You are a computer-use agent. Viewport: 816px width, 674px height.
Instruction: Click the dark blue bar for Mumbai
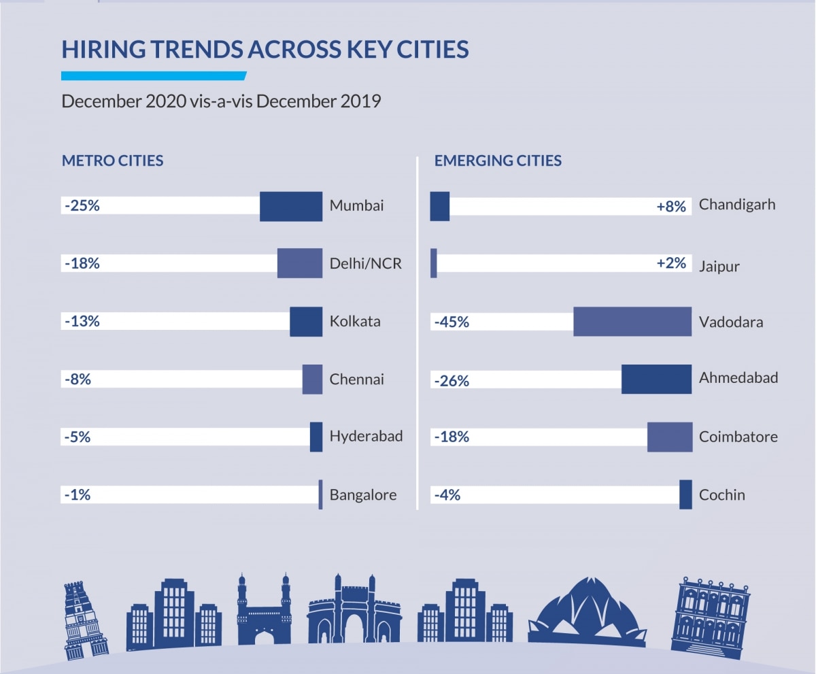[291, 206]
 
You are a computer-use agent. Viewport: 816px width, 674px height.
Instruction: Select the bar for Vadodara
[632, 322]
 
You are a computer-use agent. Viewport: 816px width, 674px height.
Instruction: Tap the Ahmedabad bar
[656, 379]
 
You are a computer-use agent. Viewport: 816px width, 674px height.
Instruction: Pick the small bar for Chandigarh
[440, 206]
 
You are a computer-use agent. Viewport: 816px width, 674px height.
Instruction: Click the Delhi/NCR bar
[300, 263]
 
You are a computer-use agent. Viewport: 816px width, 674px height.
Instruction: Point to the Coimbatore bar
[669, 437]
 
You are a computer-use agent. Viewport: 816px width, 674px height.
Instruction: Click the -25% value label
[82, 205]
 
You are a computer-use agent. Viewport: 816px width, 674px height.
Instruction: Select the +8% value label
[671, 206]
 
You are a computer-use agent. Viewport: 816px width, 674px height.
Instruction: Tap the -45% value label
[452, 322]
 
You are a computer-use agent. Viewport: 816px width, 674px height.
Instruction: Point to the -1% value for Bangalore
[78, 494]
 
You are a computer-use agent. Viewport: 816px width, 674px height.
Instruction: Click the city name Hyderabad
[366, 436]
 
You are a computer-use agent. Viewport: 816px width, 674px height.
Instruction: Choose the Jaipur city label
[719, 265]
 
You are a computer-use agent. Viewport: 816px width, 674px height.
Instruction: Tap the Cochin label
[721, 494]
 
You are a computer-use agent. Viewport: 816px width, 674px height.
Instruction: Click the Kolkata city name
[355, 321]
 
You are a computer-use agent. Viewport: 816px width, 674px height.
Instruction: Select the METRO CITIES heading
[112, 161]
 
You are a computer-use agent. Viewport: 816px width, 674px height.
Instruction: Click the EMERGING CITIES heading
[498, 161]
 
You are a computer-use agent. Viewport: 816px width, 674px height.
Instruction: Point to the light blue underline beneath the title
[153, 75]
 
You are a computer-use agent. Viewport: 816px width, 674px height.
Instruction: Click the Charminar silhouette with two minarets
[264, 611]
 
